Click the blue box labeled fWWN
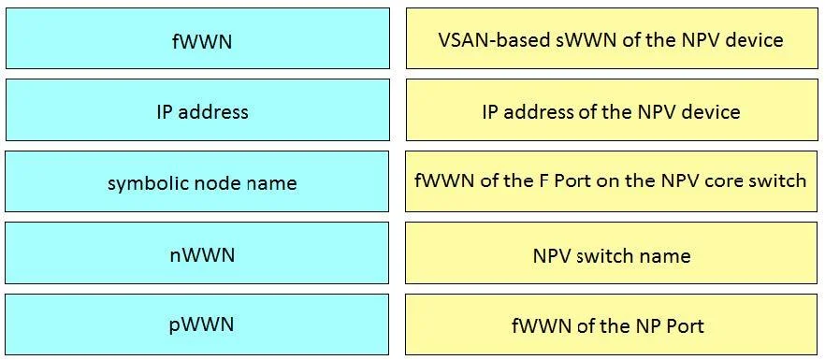click(x=198, y=38)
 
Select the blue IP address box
click(x=198, y=110)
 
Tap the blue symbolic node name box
click(x=197, y=181)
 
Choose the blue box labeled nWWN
click(x=197, y=253)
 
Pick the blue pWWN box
click(x=197, y=324)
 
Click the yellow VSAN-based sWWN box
click(x=612, y=38)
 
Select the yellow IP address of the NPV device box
click(x=612, y=110)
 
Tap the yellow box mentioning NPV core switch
click(x=612, y=181)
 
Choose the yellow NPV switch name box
click(x=612, y=253)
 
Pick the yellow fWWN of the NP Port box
click(x=612, y=324)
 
